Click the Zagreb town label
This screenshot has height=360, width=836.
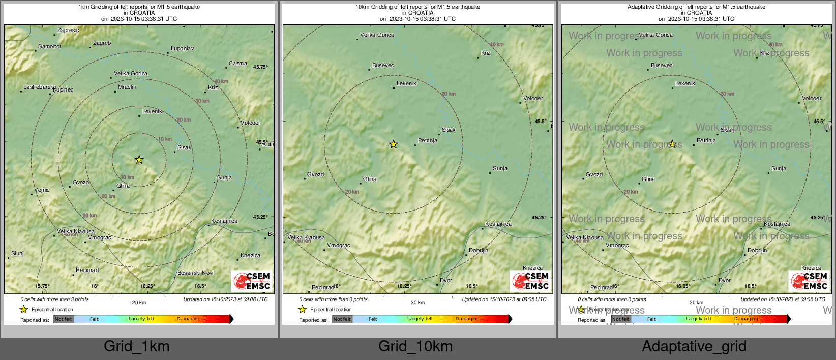(102, 43)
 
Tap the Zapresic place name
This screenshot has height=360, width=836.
(68, 31)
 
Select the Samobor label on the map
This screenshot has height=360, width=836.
(50, 47)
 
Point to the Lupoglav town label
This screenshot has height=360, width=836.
(182, 49)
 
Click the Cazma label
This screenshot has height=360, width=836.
(237, 64)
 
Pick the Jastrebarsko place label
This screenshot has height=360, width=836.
(40, 87)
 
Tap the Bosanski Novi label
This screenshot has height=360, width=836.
(195, 273)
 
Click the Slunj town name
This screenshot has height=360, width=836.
(17, 254)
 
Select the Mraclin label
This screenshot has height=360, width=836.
(127, 87)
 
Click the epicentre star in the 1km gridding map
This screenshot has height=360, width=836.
(139, 160)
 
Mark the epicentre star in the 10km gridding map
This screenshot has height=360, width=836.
(393, 145)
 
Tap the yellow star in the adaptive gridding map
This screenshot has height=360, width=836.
(672, 144)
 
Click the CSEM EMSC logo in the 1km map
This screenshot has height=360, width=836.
(252, 281)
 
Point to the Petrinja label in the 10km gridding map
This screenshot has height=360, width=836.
(427, 141)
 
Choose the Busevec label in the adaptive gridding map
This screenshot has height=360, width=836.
(662, 66)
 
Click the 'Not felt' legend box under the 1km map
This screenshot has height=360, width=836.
(64, 319)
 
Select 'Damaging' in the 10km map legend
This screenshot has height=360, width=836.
(467, 319)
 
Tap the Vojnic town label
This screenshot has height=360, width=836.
(42, 190)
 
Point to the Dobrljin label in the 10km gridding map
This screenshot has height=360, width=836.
(478, 251)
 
